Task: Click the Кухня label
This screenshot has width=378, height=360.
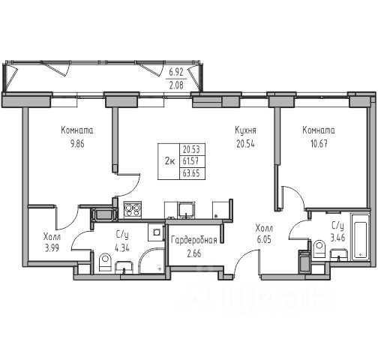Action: click(245, 130)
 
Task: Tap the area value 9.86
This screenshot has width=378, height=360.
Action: click(77, 144)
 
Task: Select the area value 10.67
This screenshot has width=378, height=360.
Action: click(319, 144)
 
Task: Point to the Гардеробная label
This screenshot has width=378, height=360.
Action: click(194, 241)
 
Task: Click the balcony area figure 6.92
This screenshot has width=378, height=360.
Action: click(176, 73)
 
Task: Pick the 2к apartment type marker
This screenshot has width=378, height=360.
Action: click(169, 161)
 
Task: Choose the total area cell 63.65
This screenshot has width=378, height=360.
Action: click(191, 173)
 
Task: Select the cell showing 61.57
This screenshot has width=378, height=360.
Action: click(190, 161)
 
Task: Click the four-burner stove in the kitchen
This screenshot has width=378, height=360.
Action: click(133, 210)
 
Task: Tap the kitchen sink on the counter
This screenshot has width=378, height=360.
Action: click(186, 209)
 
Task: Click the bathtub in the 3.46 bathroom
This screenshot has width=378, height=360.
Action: click(360, 237)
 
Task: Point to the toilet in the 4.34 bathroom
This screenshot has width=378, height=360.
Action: click(105, 262)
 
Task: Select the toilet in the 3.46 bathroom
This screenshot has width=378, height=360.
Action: click(318, 248)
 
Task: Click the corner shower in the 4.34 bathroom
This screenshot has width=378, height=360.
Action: click(151, 260)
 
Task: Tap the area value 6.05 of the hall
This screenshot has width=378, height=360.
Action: click(264, 240)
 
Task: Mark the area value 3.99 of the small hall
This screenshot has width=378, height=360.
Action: click(52, 248)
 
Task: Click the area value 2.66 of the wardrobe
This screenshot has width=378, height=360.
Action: click(194, 253)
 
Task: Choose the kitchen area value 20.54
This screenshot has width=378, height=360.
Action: click(245, 144)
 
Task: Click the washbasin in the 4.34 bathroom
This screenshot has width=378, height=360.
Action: click(124, 268)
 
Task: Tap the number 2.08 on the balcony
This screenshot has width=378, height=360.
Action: click(176, 85)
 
